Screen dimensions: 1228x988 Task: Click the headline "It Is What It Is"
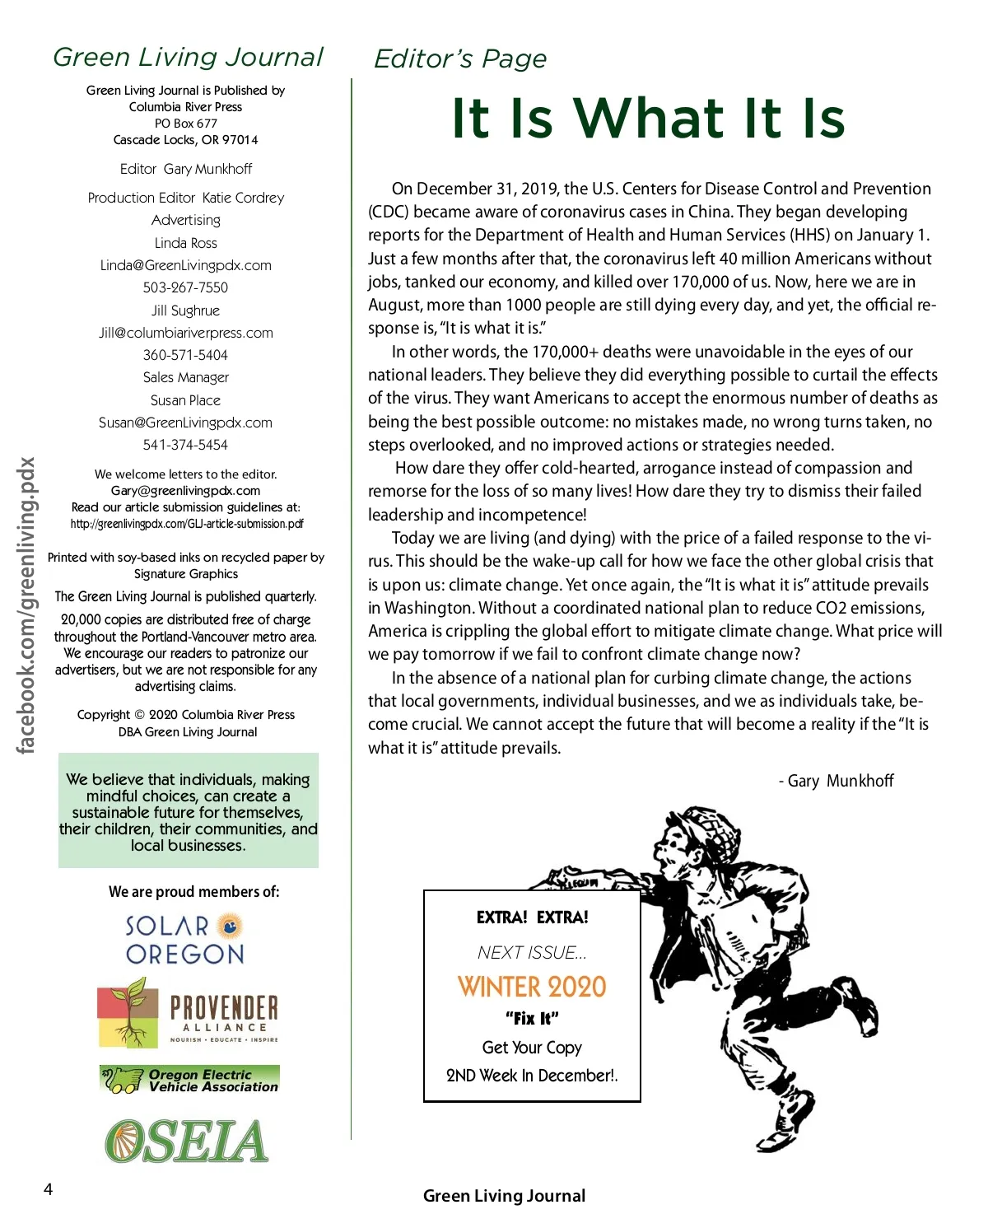click(648, 118)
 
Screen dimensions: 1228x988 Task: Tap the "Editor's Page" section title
click(460, 58)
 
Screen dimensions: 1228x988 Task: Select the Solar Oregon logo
click(185, 940)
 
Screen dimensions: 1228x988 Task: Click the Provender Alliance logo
click(189, 1013)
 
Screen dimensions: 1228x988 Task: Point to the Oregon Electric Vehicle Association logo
click(189, 1080)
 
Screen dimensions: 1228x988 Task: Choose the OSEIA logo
click(187, 1142)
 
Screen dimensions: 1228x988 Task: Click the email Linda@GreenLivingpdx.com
click(186, 265)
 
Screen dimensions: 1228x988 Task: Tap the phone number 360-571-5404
click(185, 355)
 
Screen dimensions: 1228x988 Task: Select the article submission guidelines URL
click(187, 524)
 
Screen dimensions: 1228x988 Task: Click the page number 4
click(48, 1189)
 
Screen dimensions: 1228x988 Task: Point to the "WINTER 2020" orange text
click(532, 987)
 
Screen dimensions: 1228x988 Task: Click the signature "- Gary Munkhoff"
click(836, 781)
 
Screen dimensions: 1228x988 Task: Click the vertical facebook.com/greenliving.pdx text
click(27, 605)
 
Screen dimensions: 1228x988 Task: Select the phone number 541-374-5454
click(185, 445)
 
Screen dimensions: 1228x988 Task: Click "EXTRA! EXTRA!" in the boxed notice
click(532, 917)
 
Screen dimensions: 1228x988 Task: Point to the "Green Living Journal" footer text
click(504, 1196)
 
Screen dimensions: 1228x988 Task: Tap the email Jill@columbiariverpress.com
click(186, 333)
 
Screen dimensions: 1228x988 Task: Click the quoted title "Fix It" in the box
click(532, 1019)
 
